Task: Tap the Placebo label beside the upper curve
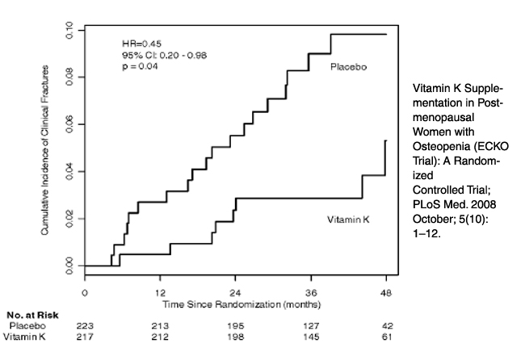tap(349, 67)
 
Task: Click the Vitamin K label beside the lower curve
tap(347, 220)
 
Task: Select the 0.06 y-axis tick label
tap(70, 124)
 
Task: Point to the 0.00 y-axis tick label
tap(70, 265)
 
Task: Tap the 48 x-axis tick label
tap(385, 293)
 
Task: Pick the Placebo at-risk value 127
tap(310, 325)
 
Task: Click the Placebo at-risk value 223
tap(85, 325)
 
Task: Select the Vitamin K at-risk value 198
tap(236, 336)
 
